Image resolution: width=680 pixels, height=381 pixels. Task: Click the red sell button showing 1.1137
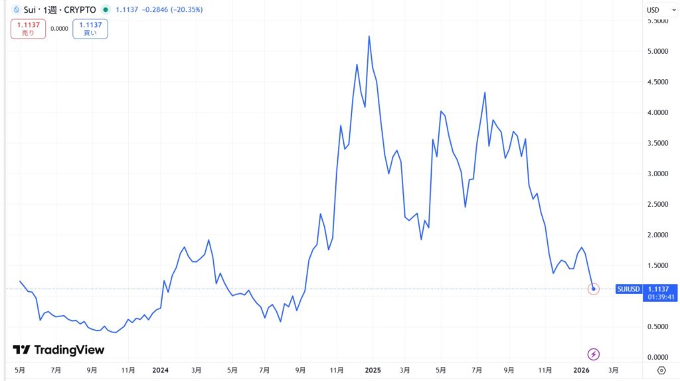click(28, 29)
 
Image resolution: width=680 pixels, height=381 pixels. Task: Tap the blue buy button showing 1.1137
click(90, 29)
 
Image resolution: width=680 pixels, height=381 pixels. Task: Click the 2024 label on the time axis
click(161, 370)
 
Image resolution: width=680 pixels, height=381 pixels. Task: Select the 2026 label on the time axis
click(582, 370)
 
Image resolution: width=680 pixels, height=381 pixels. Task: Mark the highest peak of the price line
click(369, 37)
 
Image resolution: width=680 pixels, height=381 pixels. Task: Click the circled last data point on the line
click(594, 289)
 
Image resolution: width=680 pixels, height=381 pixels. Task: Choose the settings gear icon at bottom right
click(661, 370)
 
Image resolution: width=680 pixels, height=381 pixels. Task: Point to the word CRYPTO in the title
click(80, 10)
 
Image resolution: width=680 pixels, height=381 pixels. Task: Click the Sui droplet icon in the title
click(17, 10)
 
